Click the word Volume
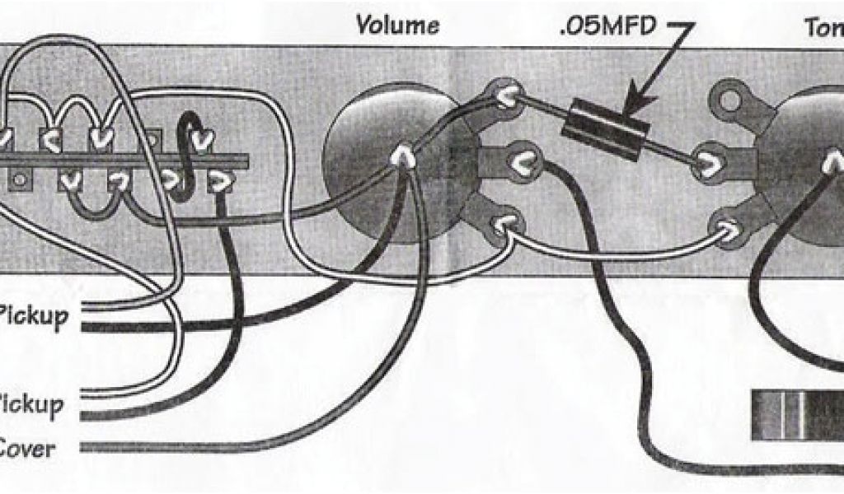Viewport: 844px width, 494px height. coord(396,25)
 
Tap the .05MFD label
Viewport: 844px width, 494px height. coord(608,26)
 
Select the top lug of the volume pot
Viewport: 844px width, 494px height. coord(504,96)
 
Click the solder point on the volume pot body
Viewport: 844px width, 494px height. coord(403,156)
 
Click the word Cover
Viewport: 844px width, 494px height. coord(28,450)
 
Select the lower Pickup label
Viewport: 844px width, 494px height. coord(31,404)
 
